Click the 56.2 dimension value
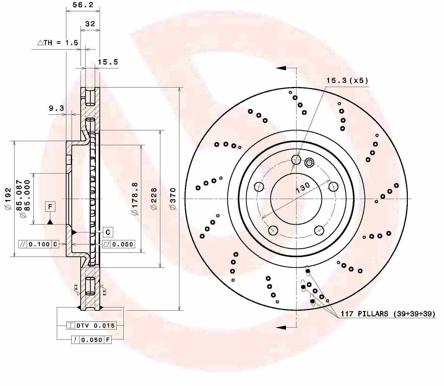(x=83, y=5)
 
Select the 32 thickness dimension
(x=90, y=24)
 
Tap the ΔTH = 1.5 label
(x=58, y=43)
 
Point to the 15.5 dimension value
(x=108, y=62)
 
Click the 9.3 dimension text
(x=56, y=108)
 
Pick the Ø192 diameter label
(x=8, y=198)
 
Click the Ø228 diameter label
(x=154, y=198)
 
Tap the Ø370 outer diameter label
(x=173, y=198)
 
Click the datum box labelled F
(x=50, y=206)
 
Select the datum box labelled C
(x=108, y=232)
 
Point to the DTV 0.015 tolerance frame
(x=92, y=326)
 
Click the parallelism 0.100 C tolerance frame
(x=39, y=244)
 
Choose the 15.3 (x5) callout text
(x=347, y=81)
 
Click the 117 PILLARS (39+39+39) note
(x=388, y=314)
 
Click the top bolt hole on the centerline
(x=296, y=160)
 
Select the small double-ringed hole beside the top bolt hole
(x=309, y=162)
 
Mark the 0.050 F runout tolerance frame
(x=92, y=340)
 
